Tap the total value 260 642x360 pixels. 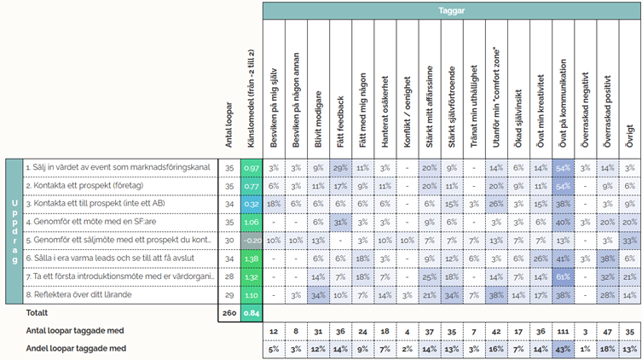point(228,313)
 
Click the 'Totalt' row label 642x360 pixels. point(18,313)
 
